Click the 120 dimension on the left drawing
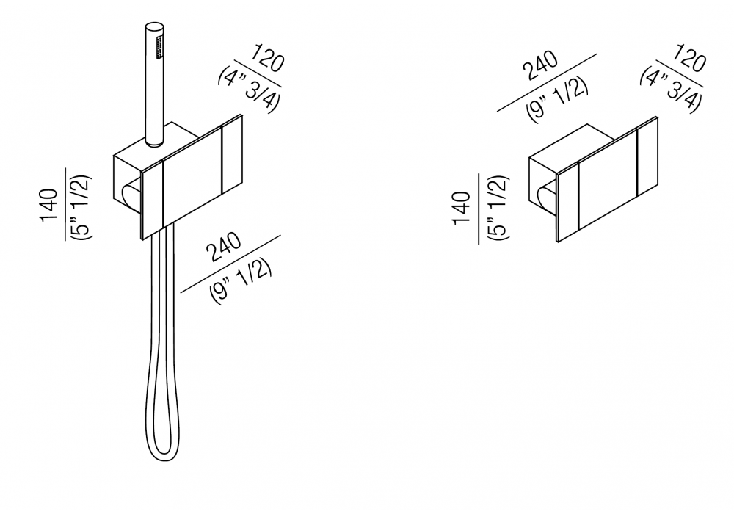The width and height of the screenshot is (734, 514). [x=268, y=57]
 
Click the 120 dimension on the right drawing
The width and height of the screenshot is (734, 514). [x=689, y=57]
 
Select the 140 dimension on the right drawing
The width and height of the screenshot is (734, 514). [x=462, y=209]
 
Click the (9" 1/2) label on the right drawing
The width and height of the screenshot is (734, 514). [x=557, y=99]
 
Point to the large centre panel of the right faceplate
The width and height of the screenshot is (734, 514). [x=608, y=178]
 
